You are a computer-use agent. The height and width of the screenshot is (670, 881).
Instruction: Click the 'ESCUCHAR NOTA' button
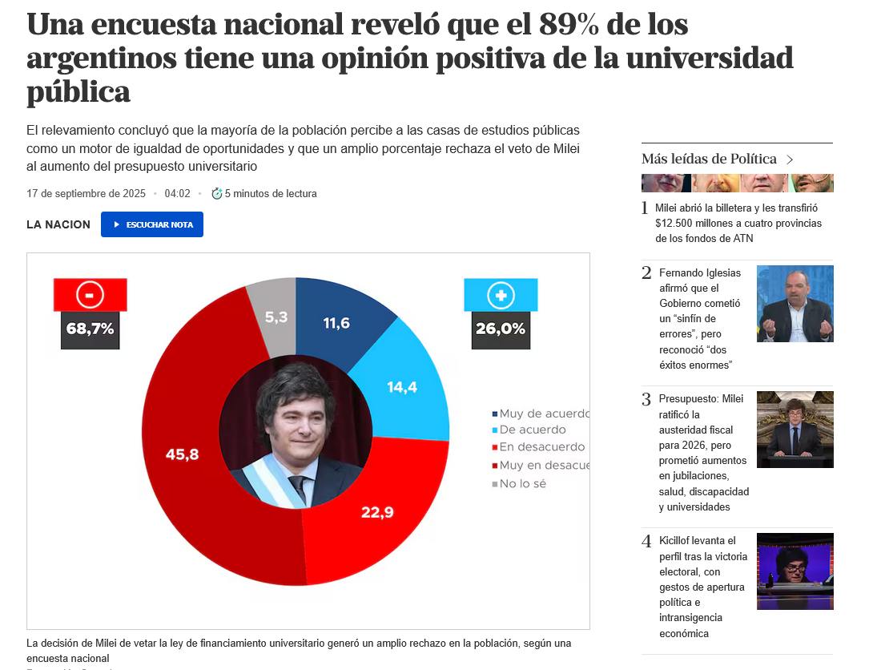152,224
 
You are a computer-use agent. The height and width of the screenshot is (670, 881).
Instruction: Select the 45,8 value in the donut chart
182,454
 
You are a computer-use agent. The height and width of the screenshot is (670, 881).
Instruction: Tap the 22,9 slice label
377,512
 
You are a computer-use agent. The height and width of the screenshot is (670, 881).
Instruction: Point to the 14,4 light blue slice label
402,387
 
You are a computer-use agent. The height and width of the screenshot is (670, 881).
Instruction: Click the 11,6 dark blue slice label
336,323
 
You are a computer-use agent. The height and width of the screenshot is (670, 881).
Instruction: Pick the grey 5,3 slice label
276,317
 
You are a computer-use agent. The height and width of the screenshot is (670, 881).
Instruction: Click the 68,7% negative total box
90,329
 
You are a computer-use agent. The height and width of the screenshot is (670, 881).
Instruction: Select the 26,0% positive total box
501,329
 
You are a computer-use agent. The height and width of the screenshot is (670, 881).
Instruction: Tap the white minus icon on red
90,295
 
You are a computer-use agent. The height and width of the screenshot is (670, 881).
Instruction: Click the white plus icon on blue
501,296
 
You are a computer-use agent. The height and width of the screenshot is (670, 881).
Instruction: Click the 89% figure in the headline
570,25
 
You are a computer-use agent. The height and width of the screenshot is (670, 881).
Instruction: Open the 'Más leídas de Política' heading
710,159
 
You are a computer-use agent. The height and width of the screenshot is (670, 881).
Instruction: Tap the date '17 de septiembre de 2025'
86,193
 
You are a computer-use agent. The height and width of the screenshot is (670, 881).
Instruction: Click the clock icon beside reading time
216,193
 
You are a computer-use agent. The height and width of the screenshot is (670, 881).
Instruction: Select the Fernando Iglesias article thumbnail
795,304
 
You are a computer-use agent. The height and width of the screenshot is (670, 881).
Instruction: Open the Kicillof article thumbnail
795,571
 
